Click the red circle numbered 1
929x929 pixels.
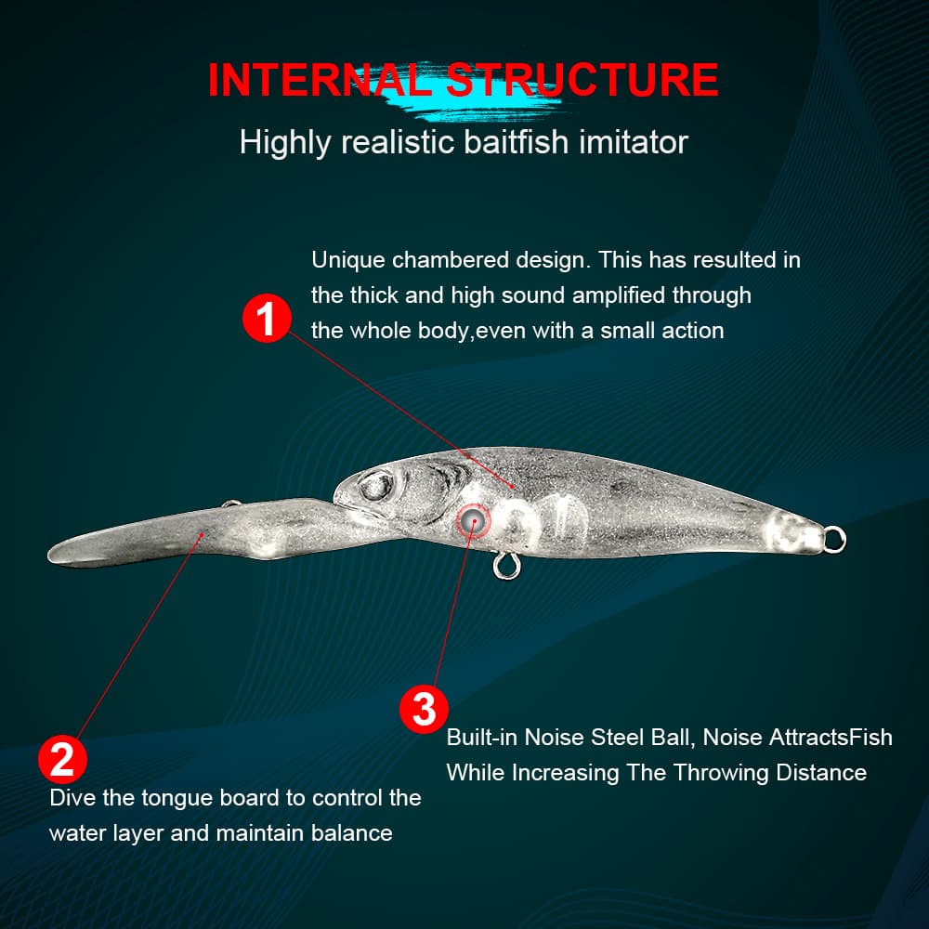[x=267, y=318]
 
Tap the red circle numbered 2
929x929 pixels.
[x=62, y=759]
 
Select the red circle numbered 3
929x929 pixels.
[x=424, y=709]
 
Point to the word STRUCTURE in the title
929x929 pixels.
[x=582, y=79]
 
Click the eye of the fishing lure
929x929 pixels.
[x=376, y=486]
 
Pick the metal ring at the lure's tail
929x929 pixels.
[x=834, y=540]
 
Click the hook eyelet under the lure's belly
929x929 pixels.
[x=505, y=566]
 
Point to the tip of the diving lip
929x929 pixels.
[x=50, y=555]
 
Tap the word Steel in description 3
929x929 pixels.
[x=617, y=737]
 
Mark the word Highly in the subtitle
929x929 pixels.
[x=285, y=143]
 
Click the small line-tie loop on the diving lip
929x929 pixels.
[x=231, y=504]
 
